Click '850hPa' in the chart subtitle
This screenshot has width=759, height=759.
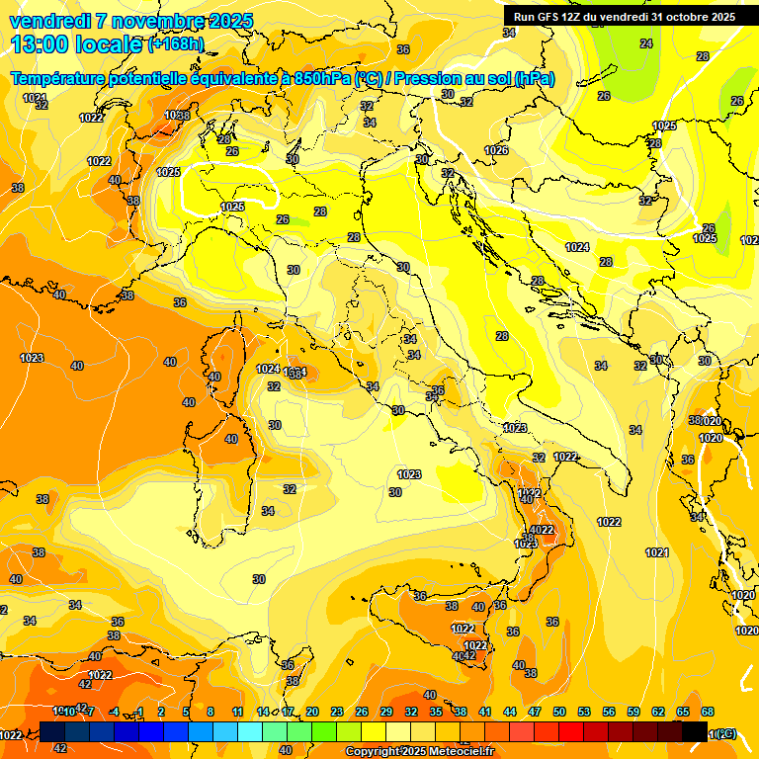point(322,79)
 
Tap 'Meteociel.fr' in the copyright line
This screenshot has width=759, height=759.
point(456,752)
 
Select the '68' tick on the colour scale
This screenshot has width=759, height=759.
point(708,712)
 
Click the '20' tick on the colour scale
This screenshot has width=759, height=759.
point(311,712)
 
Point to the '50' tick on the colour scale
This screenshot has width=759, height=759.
point(558,712)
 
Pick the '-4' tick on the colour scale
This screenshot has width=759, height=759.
point(114,712)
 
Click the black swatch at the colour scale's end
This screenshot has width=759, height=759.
point(695,731)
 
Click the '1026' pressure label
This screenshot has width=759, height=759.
point(496,150)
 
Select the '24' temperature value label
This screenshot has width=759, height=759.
point(646,43)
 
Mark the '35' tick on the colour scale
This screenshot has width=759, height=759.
point(435,712)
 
